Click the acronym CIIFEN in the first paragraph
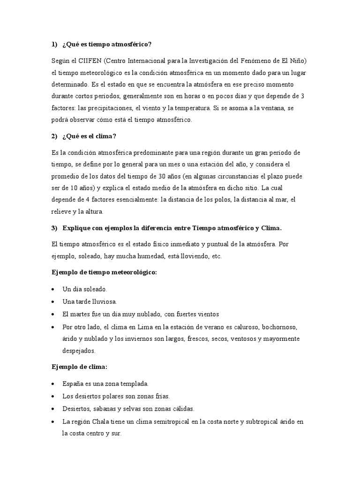click(87, 61)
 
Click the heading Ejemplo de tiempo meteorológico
click(104, 272)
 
